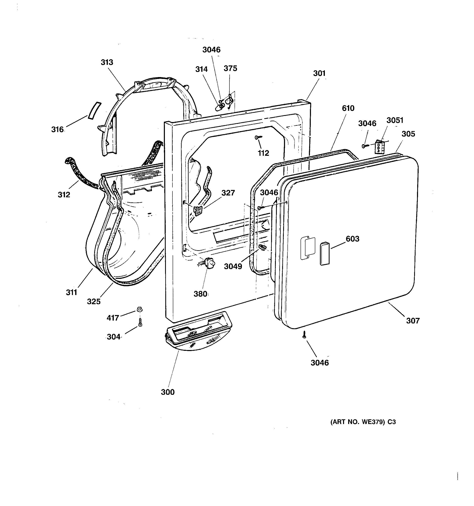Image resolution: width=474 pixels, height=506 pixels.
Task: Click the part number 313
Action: (107, 62)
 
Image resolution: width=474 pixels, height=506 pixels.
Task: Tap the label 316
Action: (57, 130)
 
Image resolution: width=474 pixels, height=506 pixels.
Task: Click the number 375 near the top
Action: (230, 68)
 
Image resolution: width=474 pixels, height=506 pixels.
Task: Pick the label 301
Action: (319, 73)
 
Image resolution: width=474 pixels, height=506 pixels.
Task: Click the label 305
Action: (408, 134)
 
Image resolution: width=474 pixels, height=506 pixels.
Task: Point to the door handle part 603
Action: (325, 254)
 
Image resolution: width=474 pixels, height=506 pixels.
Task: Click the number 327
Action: (228, 193)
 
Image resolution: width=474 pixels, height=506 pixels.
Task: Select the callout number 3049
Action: (233, 266)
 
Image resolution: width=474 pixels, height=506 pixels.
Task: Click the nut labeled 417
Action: (139, 309)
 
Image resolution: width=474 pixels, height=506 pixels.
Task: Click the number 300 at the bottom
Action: (168, 392)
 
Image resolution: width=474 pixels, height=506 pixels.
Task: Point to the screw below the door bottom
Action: (304, 335)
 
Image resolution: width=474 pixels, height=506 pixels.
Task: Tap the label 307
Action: (413, 321)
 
